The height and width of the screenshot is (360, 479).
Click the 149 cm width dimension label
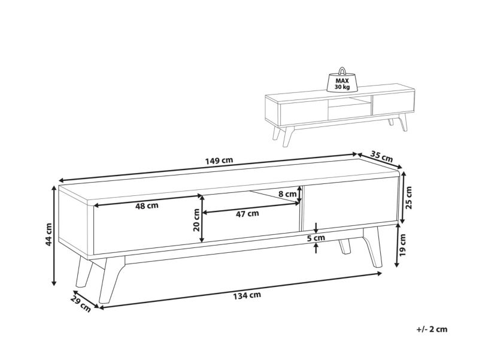(219, 160)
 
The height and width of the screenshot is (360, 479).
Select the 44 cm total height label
(48, 234)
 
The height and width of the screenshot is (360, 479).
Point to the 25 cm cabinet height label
(408, 198)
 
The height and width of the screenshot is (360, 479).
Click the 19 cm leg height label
(402, 244)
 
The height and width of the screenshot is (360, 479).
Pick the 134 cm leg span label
(247, 295)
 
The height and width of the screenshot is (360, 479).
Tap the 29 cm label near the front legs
(81, 304)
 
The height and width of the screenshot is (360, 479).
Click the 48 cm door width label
(147, 205)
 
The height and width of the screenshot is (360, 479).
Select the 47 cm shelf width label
(247, 213)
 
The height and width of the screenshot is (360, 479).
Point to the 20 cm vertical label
(196, 220)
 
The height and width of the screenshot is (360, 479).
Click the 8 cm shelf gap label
(287, 193)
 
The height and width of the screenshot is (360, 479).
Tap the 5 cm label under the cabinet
(316, 237)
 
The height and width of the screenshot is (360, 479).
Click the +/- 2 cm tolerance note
(432, 329)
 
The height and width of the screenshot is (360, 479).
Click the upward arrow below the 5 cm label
(316, 248)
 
